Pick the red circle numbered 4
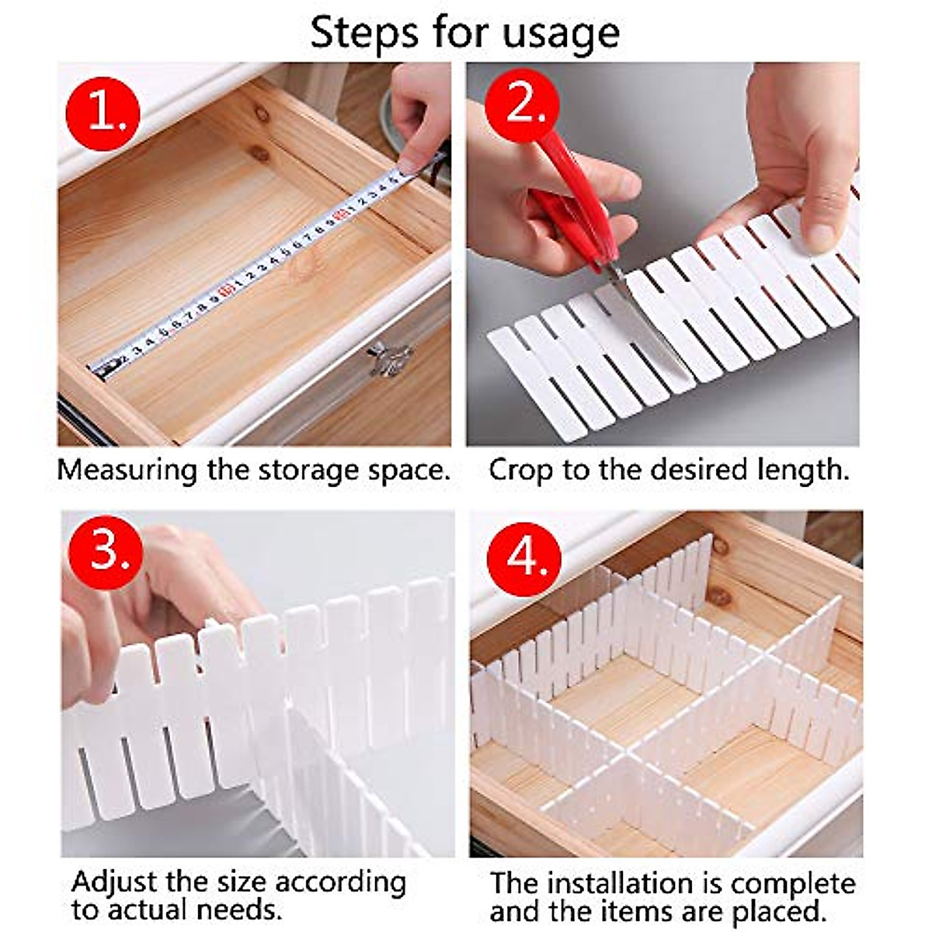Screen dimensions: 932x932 [524, 556]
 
